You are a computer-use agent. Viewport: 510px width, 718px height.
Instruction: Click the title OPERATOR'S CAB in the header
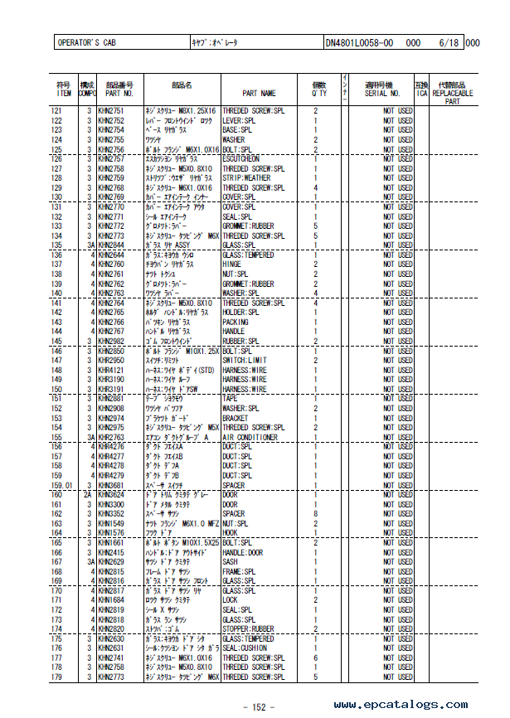[x=86, y=42]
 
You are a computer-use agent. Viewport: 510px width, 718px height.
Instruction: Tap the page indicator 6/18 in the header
[x=449, y=42]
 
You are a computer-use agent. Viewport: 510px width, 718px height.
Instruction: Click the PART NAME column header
[x=259, y=94]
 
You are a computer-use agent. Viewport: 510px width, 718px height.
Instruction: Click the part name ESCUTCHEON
[x=240, y=158]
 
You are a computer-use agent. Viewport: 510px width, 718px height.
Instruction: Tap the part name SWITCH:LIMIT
[x=245, y=360]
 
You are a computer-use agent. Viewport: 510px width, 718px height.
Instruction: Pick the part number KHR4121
[x=111, y=370]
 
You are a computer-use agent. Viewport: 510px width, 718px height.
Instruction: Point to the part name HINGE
[x=233, y=264]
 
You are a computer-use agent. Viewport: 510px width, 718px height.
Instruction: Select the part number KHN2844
[x=111, y=245]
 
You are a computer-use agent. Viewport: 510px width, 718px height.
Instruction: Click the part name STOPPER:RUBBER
[x=250, y=628]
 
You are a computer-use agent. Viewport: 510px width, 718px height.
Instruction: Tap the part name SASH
[x=231, y=561]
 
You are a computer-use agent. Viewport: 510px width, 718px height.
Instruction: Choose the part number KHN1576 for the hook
[x=111, y=533]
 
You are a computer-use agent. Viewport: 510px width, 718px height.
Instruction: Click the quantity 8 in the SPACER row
[x=316, y=514]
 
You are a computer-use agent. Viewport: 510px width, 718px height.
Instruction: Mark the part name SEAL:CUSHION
[x=245, y=648]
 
